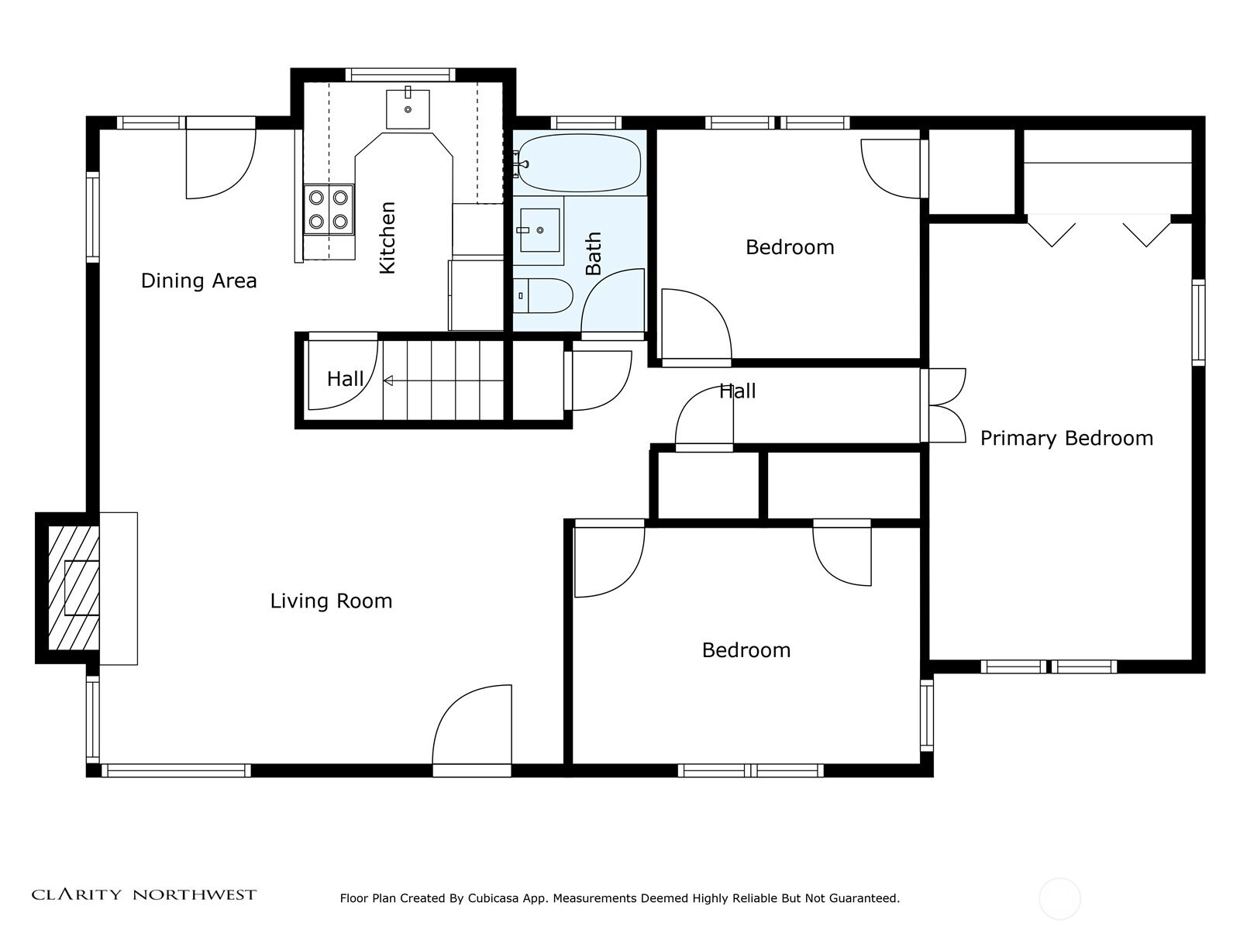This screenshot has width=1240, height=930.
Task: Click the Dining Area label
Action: tap(198, 281)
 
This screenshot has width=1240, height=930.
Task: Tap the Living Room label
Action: tap(331, 601)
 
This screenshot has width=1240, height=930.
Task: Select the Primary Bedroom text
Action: tap(1066, 439)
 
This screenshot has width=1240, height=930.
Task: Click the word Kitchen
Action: tap(387, 238)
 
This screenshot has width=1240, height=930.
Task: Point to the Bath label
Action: tap(593, 253)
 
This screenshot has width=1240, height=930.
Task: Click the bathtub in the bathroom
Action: tap(579, 164)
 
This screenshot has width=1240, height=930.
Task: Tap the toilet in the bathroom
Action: tap(542, 295)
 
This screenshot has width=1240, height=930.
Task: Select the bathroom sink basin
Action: tap(540, 230)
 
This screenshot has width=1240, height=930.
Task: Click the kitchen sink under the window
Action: tap(408, 108)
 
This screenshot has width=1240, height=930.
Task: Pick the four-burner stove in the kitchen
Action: tap(329, 209)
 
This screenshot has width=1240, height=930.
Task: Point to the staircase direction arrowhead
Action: tap(388, 381)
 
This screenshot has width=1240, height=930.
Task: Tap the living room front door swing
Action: tap(472, 725)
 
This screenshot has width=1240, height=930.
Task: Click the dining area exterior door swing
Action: tap(221, 164)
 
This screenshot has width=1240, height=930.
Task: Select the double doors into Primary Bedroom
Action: tap(943, 405)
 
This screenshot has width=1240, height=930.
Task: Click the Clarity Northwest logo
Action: tap(143, 894)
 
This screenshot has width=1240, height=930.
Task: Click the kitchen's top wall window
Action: tap(401, 74)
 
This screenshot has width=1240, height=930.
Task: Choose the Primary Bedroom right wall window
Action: tap(1198, 322)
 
